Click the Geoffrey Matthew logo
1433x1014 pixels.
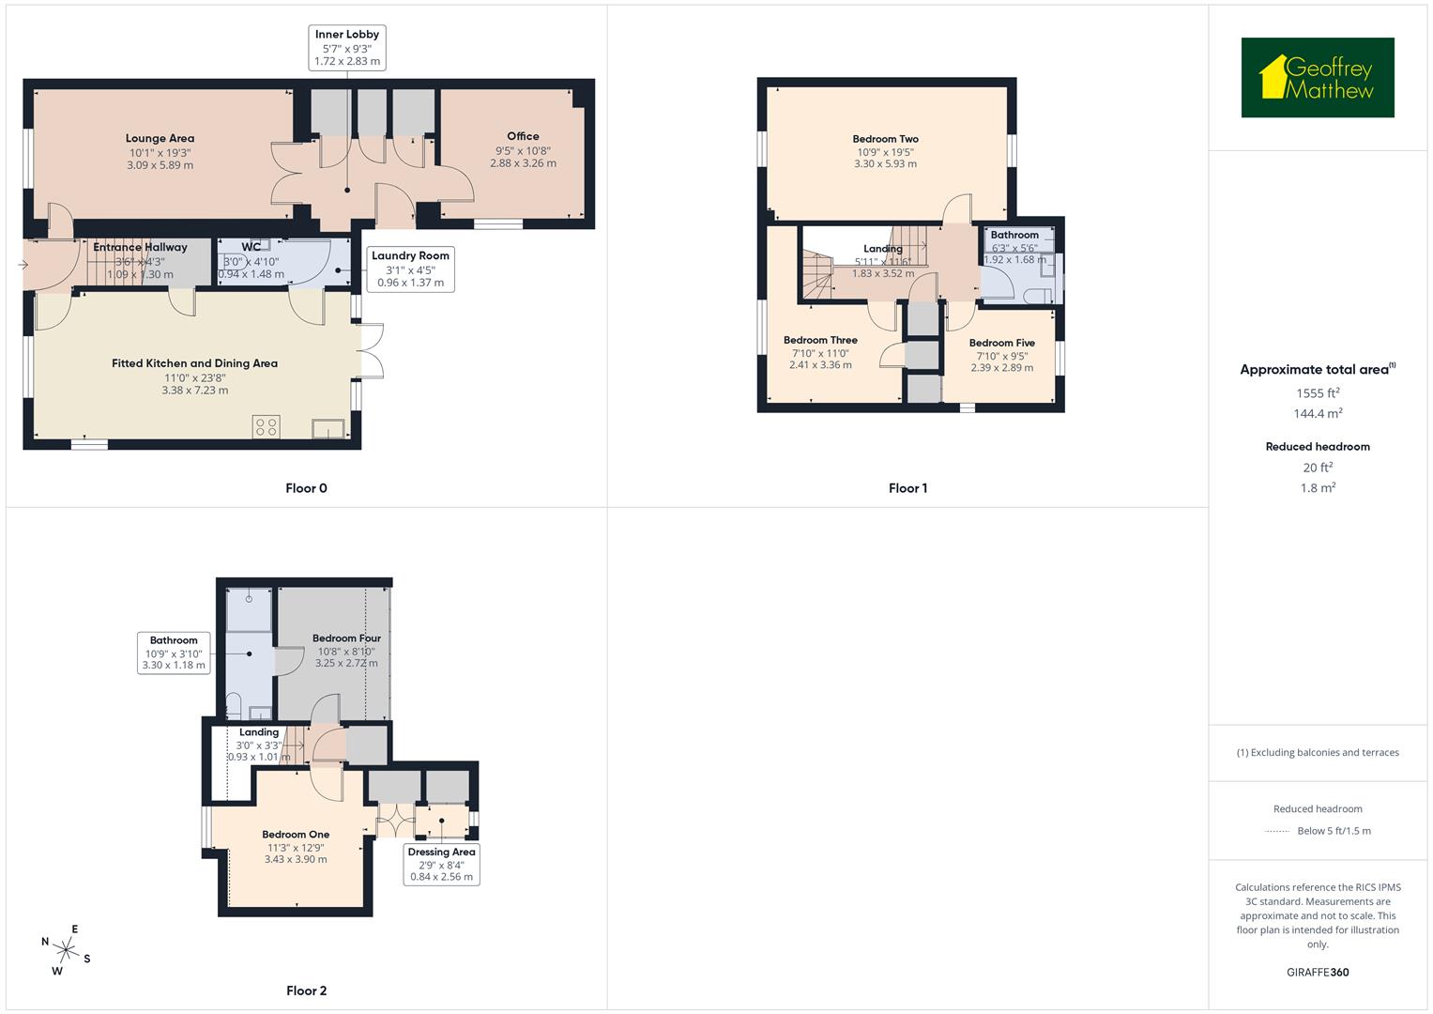[x=1317, y=78]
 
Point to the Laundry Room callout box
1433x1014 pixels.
[x=410, y=269]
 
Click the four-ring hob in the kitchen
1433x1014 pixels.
[x=266, y=427]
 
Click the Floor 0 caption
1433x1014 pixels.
[x=306, y=488]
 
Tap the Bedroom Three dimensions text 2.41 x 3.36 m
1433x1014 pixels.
[x=820, y=365]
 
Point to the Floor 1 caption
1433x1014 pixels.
[x=907, y=488]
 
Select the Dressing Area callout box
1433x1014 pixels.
[x=441, y=865]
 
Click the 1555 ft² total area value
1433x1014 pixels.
[x=1318, y=393]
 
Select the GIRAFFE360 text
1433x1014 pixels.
[x=1318, y=972]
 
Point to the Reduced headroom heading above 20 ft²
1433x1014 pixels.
[x=1318, y=447]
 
